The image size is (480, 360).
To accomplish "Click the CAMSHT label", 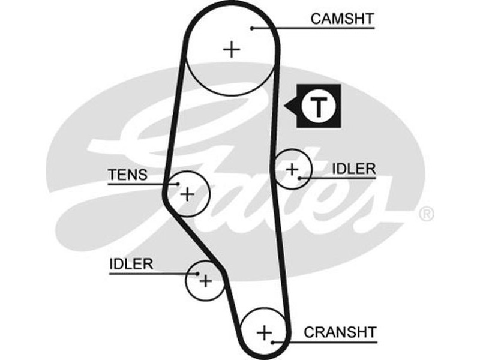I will click(x=342, y=19).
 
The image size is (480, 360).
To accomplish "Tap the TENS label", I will click(x=127, y=175).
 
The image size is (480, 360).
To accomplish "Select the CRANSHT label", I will click(x=340, y=332).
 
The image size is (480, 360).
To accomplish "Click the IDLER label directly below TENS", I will click(x=131, y=263).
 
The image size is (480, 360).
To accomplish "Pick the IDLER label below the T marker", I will click(x=353, y=169).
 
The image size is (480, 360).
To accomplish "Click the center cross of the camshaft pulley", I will click(x=231, y=49).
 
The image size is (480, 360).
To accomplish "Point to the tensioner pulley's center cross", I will click(x=188, y=194).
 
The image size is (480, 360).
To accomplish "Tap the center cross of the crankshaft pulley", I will click(x=264, y=332).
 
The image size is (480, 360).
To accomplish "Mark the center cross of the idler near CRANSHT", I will click(x=206, y=280).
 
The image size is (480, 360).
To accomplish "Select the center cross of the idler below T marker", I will click(x=292, y=170).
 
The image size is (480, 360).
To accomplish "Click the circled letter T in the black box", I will click(x=320, y=107).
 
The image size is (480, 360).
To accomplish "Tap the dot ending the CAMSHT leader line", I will click(x=253, y=28).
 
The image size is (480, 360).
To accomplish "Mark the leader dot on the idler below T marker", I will click(x=299, y=178).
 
